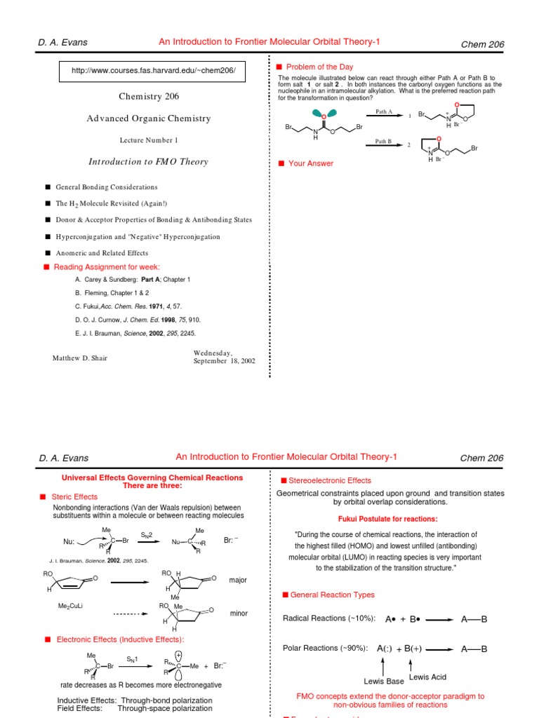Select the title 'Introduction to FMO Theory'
click(x=148, y=162)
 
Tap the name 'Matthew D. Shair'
click(x=80, y=358)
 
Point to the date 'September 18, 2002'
click(x=225, y=361)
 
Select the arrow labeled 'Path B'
click(x=384, y=145)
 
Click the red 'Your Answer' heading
click(x=311, y=163)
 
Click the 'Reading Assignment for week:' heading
click(x=107, y=267)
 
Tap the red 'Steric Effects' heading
click(x=76, y=497)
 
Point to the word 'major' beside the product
click(x=239, y=581)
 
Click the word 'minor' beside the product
click(x=239, y=614)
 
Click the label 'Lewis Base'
click(x=383, y=681)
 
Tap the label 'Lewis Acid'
click(x=428, y=677)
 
